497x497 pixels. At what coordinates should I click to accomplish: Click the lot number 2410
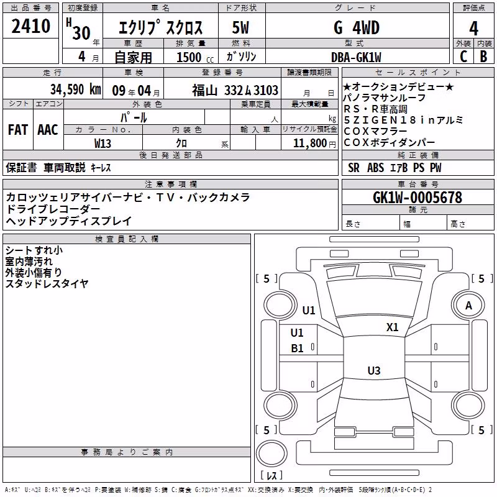[30, 26]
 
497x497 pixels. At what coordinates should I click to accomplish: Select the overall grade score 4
[473, 29]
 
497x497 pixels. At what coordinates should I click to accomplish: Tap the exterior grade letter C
[463, 57]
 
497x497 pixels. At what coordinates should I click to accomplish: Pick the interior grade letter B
[483, 57]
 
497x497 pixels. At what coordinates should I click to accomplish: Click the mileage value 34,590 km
[75, 89]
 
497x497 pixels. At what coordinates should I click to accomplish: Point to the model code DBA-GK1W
[356, 57]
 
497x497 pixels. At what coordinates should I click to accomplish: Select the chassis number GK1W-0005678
[417, 198]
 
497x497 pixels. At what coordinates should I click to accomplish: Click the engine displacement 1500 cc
[195, 57]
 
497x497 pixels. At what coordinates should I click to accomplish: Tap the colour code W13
[103, 144]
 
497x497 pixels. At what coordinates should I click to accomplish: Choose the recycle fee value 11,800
[309, 144]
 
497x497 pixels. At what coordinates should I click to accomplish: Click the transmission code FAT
[18, 130]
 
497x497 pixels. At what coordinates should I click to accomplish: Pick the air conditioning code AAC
[48, 130]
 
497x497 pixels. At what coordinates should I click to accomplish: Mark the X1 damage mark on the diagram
[392, 327]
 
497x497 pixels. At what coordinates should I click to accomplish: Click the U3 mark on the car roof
[374, 370]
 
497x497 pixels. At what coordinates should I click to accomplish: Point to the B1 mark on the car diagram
[297, 349]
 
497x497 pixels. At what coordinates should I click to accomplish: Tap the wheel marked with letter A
[468, 306]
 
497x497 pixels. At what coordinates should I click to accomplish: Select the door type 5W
[240, 27]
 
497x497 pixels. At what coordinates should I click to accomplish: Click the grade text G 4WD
[357, 28]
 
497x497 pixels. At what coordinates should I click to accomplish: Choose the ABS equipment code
[376, 168]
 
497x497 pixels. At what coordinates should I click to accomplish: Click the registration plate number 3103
[266, 90]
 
